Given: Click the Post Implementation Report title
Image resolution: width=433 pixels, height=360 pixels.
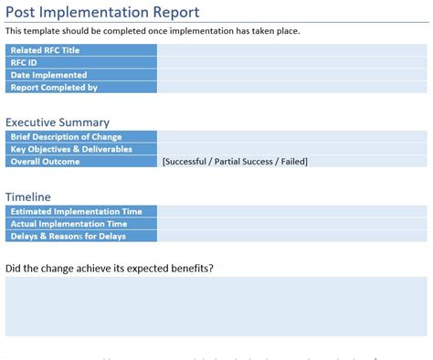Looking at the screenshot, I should [102, 12].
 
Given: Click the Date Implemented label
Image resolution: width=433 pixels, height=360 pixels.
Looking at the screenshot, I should [48, 76].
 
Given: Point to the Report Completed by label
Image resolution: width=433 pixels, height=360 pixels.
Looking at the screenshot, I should [54, 89].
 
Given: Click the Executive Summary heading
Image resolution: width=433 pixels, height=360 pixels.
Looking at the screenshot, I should [58, 122].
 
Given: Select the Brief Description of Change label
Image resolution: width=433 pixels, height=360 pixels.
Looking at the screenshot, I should [65, 136].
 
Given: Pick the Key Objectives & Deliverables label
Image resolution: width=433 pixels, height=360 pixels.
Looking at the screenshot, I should [71, 149].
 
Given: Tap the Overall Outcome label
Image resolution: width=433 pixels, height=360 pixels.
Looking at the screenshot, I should [45, 162].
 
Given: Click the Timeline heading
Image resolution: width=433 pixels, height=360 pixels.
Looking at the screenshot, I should [28, 196].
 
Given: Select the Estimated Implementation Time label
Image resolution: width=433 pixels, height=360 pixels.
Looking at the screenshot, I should [76, 211].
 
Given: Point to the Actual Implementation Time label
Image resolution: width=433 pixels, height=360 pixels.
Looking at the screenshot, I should [68, 224].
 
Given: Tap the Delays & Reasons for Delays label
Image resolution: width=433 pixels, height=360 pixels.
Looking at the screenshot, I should [69, 237].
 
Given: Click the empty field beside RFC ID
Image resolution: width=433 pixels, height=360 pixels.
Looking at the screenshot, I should [291, 63].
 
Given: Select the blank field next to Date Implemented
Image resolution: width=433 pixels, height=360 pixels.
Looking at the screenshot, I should [291, 76].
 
